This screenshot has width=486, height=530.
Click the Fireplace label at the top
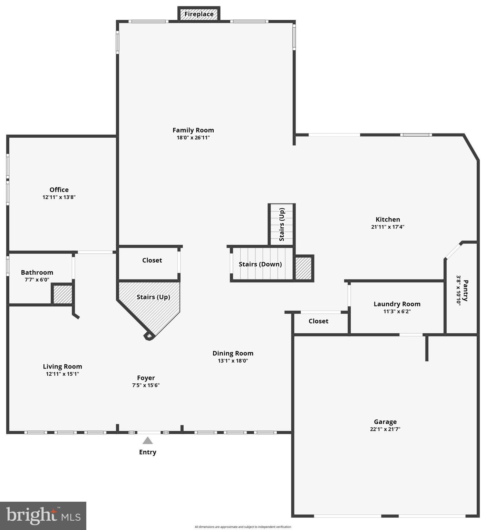click(199, 14)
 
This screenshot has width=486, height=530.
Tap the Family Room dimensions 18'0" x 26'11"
click(193, 138)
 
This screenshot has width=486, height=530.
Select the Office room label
click(59, 190)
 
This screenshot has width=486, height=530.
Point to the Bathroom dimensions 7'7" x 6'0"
click(37, 280)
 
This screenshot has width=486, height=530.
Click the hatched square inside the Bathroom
click(63, 294)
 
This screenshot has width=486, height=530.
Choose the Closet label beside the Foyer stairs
click(152, 260)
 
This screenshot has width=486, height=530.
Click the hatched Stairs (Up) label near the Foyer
click(153, 297)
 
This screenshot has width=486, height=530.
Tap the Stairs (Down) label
click(260, 264)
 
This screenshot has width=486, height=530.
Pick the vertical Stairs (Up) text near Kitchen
click(282, 224)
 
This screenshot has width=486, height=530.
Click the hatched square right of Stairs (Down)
click(303, 268)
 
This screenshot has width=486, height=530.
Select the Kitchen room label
click(388, 219)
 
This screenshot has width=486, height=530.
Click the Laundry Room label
click(397, 304)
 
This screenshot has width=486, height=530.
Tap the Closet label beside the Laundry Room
click(318, 321)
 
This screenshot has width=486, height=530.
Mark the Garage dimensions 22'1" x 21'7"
click(385, 429)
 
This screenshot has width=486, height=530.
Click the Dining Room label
click(233, 353)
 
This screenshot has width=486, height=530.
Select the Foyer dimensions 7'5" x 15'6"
click(146, 385)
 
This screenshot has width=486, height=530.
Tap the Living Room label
click(62, 366)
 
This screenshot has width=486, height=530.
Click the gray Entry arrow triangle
click(148, 441)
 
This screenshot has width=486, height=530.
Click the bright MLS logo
click(43, 516)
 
